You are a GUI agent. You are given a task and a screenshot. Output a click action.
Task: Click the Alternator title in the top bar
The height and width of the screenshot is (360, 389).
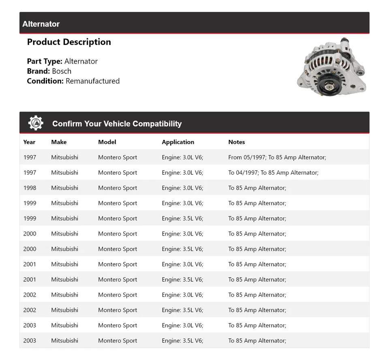point(41,24)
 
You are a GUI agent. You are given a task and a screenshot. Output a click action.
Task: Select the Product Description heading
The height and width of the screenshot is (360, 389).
point(69,42)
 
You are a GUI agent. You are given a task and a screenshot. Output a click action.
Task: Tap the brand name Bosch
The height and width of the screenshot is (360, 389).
point(62,71)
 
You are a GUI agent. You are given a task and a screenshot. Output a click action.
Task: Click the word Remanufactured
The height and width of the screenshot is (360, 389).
point(92,81)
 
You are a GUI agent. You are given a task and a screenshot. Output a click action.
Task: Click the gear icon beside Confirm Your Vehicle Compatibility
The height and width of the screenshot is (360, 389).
point(36,123)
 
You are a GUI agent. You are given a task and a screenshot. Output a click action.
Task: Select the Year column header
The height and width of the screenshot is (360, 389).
point(29,142)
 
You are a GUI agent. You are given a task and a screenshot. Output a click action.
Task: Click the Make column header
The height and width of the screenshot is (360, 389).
point(59,142)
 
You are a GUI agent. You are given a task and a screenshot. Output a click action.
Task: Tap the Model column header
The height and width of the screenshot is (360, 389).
point(107,142)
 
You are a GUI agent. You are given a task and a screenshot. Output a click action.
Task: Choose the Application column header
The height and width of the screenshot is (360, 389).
point(178,142)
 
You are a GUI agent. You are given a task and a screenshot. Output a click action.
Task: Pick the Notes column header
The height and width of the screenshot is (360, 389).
point(237,142)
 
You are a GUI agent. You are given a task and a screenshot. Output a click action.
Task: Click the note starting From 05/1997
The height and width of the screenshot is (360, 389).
point(277,157)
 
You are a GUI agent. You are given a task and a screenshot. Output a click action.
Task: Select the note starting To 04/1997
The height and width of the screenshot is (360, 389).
point(273,173)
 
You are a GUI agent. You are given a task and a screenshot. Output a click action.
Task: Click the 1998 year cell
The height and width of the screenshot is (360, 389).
point(30,188)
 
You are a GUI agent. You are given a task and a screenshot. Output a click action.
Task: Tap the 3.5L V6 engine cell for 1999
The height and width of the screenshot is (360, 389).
point(182,219)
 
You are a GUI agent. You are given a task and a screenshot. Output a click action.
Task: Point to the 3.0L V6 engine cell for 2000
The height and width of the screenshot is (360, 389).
point(182,234)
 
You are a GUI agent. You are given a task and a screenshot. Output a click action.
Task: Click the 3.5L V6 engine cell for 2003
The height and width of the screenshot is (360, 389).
point(182,341)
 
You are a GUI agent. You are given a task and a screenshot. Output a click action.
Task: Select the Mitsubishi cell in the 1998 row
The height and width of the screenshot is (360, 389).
point(64,188)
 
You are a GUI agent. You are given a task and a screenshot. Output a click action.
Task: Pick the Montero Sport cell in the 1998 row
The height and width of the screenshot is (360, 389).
point(118,188)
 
